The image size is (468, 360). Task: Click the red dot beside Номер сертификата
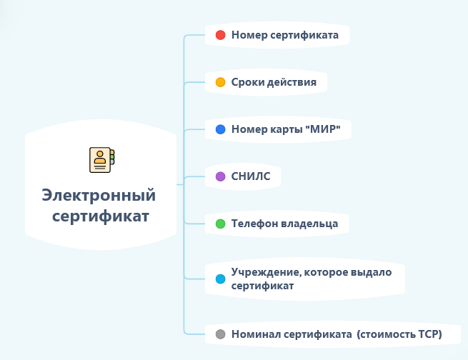coord(221,35)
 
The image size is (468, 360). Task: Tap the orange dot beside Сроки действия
coord(221,82)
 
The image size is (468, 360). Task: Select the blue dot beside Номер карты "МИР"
coord(221,129)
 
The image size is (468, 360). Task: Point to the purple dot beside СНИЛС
coord(221,176)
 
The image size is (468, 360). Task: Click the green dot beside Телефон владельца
coord(221,224)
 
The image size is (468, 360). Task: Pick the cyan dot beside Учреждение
coord(221,279)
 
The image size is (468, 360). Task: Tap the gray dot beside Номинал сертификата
coord(221,334)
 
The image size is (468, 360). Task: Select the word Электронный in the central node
coord(99,195)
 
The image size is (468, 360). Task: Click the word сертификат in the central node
coord(101,216)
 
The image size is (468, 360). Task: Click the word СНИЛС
coord(251,176)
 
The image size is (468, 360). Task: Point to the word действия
coord(291,82)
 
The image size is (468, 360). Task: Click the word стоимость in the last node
coord(387,334)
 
